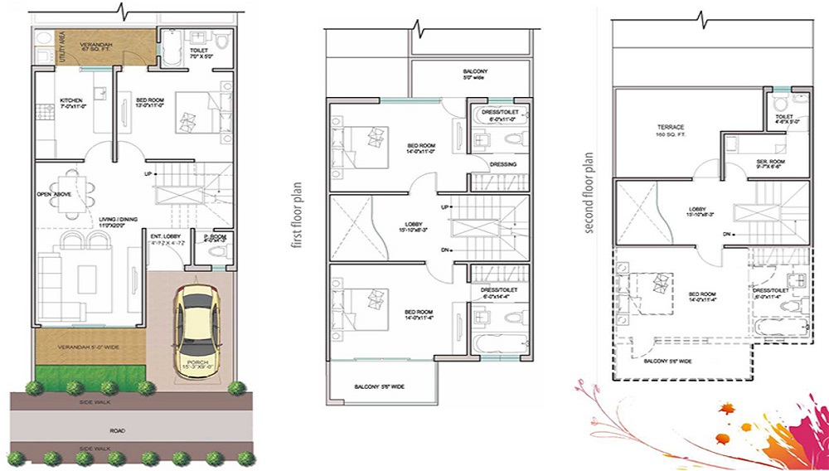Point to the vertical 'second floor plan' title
(589, 192)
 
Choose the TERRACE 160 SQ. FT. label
(667, 130)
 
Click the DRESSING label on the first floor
(502, 164)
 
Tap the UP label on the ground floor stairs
(148, 174)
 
